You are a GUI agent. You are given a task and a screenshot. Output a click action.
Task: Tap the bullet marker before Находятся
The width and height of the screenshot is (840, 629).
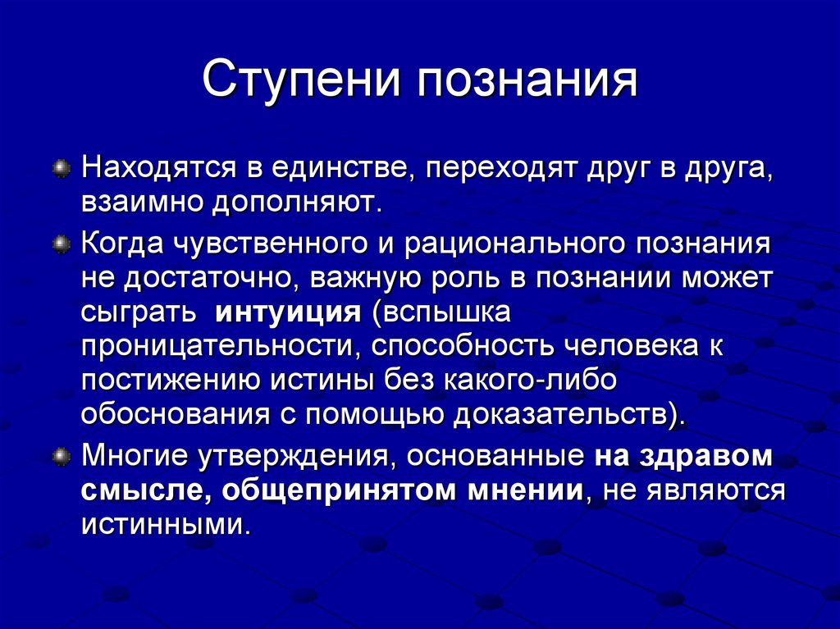[x=62, y=168]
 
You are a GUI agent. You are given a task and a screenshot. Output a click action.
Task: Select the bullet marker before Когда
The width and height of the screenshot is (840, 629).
[x=62, y=244]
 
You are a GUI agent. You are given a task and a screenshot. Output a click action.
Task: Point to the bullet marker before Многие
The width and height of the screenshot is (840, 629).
[x=62, y=457]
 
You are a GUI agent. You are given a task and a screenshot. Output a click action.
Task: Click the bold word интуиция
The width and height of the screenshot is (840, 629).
[x=288, y=313]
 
